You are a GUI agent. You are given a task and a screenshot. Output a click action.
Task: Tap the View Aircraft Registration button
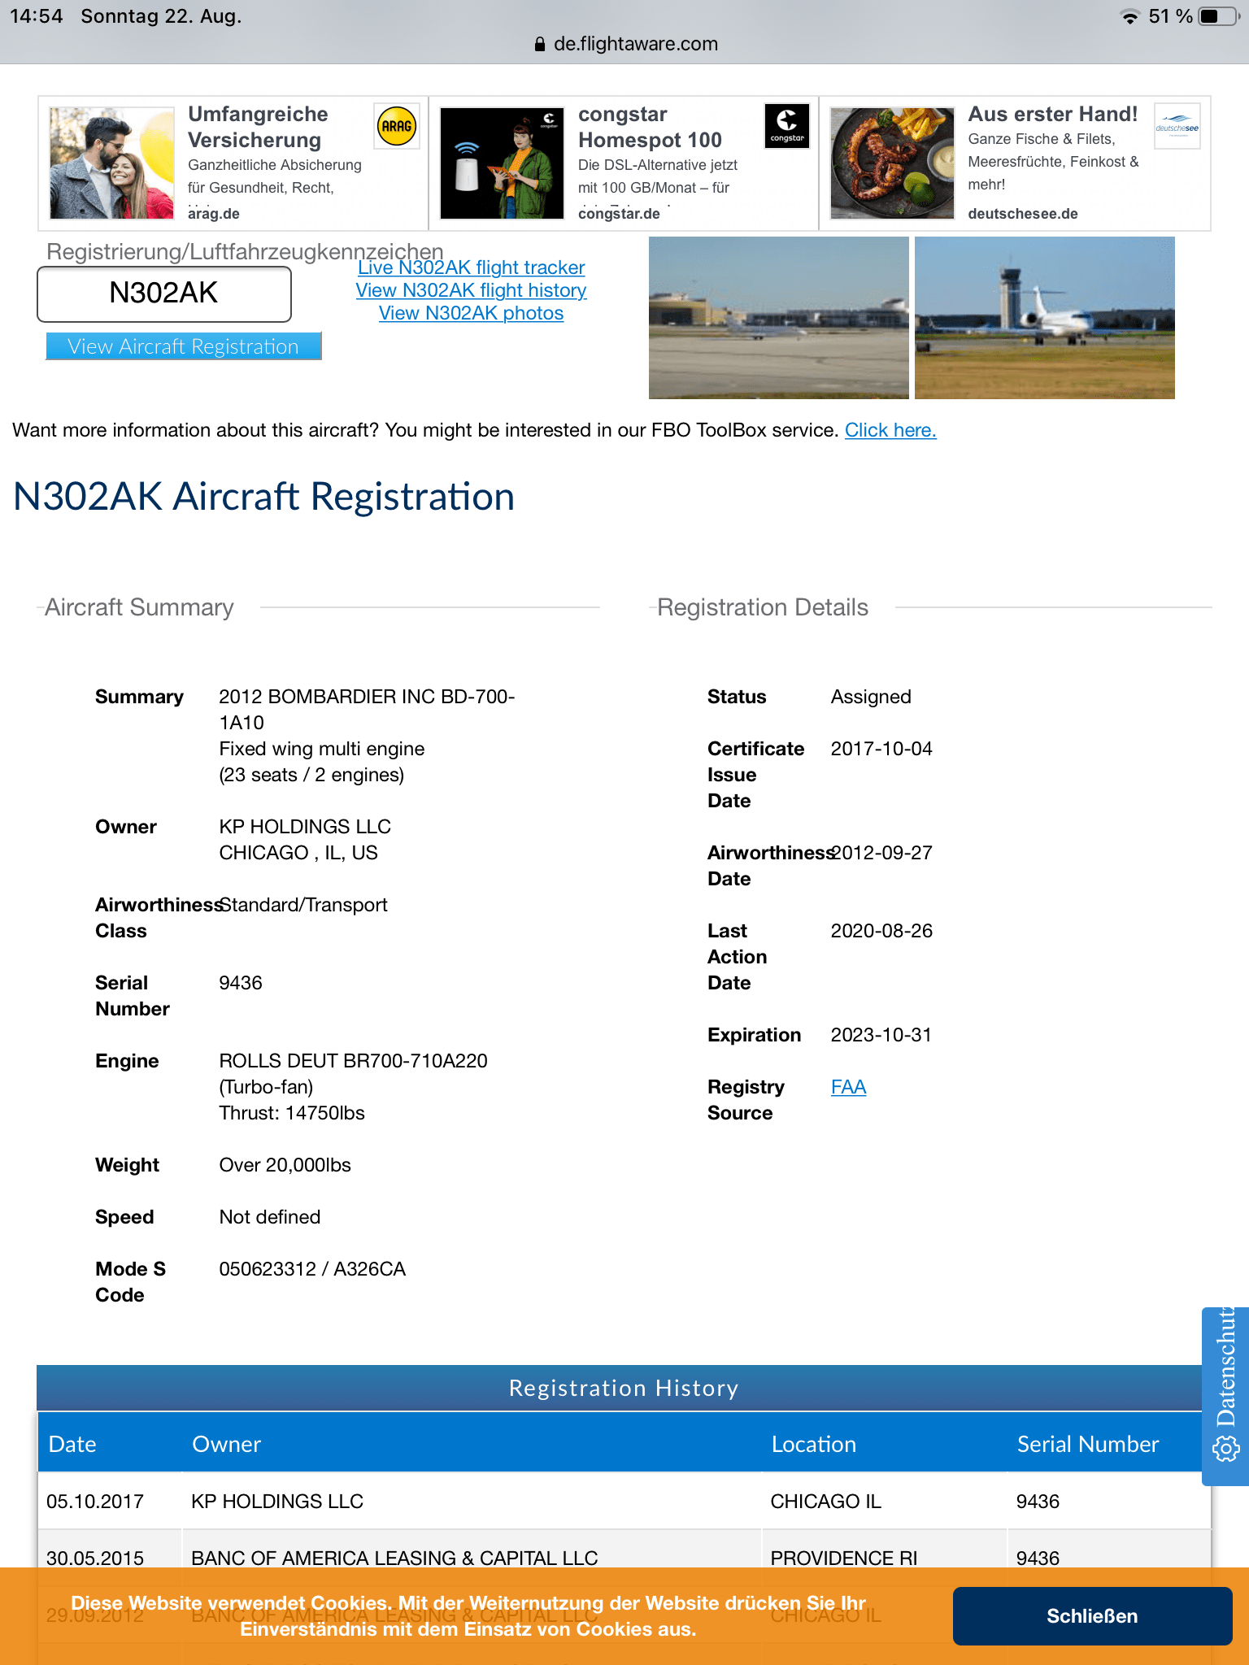[183, 346]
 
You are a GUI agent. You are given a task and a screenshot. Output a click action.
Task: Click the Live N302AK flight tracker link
[471, 267]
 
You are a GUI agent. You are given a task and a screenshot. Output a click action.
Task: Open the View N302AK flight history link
[471, 290]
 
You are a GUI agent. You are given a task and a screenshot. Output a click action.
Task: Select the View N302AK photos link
[471, 313]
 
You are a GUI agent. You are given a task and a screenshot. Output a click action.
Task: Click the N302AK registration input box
[163, 293]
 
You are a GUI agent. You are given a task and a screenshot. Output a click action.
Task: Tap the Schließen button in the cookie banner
[1091, 1615]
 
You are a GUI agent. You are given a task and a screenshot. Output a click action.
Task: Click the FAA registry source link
[848, 1087]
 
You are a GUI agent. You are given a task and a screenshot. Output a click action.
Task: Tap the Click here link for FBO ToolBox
[890, 430]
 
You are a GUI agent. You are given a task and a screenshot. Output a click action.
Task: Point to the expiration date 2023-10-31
[881, 1035]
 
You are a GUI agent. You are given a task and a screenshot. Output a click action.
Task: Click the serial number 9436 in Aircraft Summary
[241, 983]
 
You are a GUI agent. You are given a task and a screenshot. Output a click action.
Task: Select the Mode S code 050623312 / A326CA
[312, 1269]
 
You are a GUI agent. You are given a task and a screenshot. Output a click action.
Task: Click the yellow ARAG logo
[397, 126]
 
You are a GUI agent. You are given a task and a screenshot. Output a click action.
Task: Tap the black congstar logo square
[787, 125]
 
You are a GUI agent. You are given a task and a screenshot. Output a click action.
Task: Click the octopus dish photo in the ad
[892, 163]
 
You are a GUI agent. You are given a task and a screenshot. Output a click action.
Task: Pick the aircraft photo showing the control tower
[1044, 318]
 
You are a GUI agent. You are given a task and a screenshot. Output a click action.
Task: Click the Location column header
[813, 1444]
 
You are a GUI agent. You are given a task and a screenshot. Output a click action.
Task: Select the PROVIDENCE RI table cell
[843, 1558]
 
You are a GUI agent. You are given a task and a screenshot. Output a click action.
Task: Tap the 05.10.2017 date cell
[95, 1502]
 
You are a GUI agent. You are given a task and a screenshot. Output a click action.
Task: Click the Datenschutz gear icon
[1225, 1448]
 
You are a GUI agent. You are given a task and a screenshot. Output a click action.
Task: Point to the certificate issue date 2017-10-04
[881, 749]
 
